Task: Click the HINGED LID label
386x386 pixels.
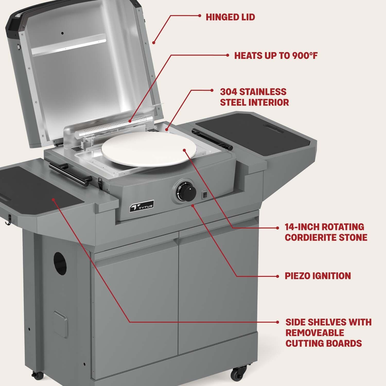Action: point(230,17)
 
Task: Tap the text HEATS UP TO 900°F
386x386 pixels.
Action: point(276,56)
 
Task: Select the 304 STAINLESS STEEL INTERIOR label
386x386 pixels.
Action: point(254,97)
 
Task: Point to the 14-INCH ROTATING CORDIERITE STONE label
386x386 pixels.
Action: point(326,232)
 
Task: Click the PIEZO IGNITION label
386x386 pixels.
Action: point(318,276)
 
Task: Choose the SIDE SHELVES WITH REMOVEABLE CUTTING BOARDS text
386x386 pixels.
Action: point(328,333)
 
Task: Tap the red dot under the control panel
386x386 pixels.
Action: point(193,205)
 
